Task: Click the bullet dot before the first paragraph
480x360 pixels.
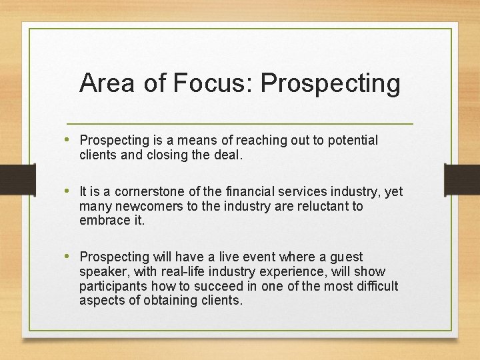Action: [71, 140]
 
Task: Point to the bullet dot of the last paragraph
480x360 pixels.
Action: [71, 257]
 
